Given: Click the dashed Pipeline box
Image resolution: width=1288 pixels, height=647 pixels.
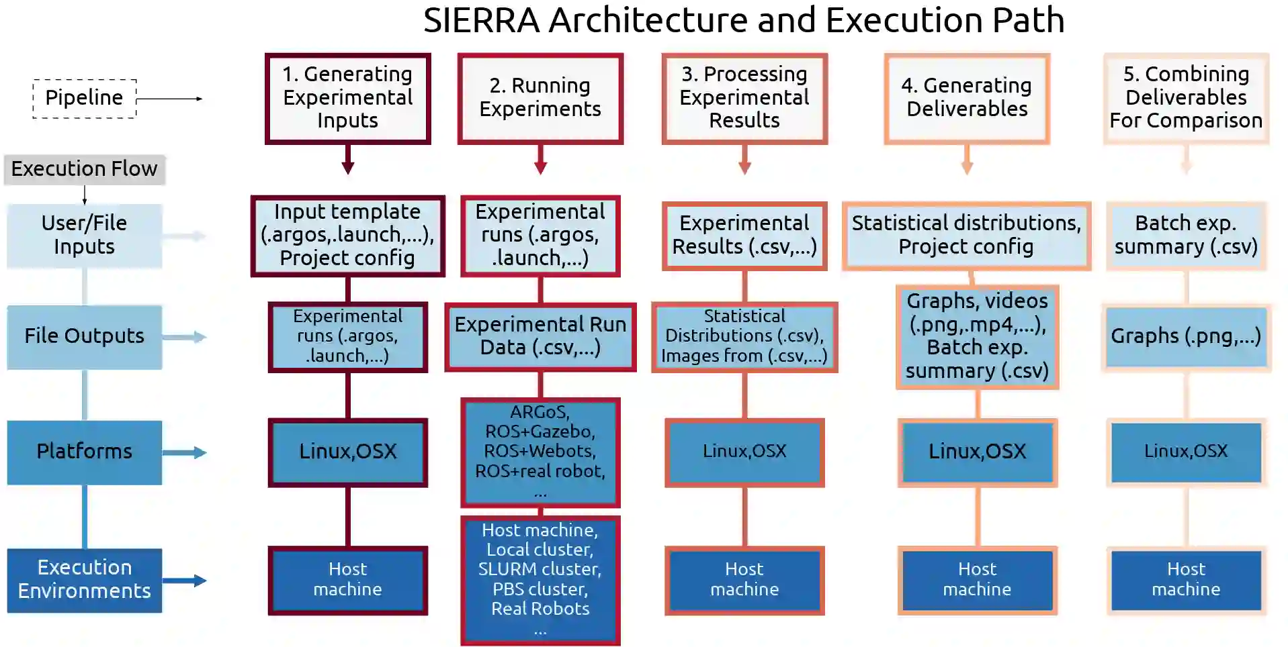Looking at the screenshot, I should (x=85, y=99).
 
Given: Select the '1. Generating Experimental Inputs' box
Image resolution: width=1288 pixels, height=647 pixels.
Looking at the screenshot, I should (x=347, y=98).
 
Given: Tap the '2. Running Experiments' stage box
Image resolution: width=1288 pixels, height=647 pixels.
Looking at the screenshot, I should (x=540, y=98).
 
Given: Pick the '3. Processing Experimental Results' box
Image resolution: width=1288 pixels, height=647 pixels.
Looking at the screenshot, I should (x=744, y=98).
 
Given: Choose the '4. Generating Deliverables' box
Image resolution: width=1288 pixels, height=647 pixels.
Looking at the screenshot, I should (x=967, y=98).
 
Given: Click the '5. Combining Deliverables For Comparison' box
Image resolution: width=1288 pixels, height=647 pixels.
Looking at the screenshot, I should (x=1186, y=98).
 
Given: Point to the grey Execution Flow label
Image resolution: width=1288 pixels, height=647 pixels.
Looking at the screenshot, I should (x=85, y=169).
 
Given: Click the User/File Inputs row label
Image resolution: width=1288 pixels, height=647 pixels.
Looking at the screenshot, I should (x=85, y=236).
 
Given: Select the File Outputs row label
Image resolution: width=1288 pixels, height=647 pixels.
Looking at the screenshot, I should (x=85, y=336).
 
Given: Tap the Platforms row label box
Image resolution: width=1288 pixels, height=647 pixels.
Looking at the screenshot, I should (x=85, y=452).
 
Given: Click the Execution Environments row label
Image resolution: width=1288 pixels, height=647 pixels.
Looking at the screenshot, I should (x=85, y=580).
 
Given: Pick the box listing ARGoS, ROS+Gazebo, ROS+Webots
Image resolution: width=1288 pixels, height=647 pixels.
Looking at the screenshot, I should (x=540, y=452).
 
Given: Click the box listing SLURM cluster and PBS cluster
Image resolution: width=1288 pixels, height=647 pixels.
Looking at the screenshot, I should (x=540, y=579).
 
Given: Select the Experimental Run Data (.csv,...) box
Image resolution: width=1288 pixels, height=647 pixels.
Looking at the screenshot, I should (x=540, y=336).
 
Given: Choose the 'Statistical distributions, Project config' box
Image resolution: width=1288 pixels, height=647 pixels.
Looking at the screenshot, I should (x=966, y=236).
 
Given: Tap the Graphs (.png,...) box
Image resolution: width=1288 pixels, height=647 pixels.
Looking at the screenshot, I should (x=1186, y=336).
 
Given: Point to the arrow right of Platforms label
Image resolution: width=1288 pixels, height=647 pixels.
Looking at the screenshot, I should (x=184, y=452).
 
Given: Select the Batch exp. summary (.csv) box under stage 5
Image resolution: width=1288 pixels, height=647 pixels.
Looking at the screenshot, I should (x=1186, y=236).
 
